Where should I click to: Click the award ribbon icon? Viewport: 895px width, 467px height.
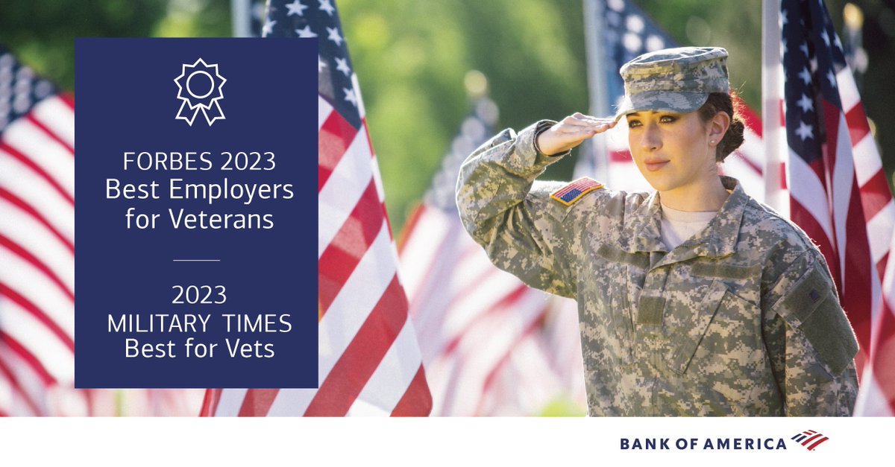pyautogui.click(x=199, y=91)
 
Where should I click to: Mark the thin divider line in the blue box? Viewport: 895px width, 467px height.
pyautogui.click(x=196, y=260)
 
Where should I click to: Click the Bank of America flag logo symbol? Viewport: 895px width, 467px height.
pyautogui.click(x=810, y=440)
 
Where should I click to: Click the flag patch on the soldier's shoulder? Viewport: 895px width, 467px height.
pyautogui.click(x=576, y=190)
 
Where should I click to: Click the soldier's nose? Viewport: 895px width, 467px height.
pyautogui.click(x=650, y=143)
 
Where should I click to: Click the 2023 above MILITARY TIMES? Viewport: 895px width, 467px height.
pyautogui.click(x=199, y=296)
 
